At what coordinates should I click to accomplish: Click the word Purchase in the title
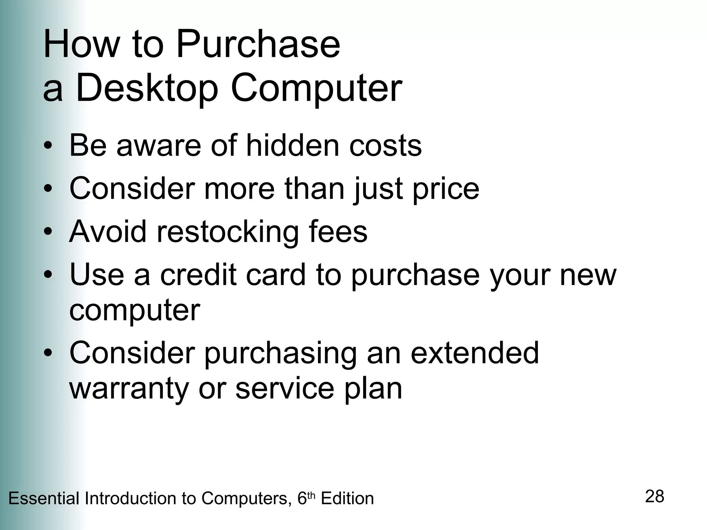(x=258, y=45)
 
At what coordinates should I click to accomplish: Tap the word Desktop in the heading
(x=147, y=88)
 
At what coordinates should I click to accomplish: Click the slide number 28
(x=655, y=497)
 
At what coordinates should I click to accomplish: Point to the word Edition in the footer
(x=347, y=499)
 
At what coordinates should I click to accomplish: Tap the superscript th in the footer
(x=311, y=495)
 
